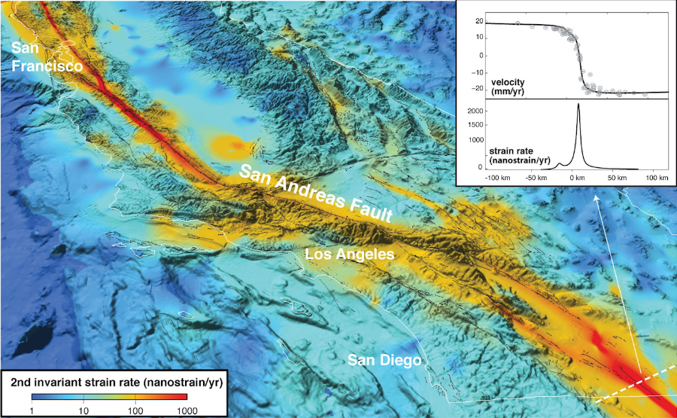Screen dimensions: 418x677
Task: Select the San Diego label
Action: click(384, 360)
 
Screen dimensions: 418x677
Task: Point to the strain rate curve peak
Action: click(578, 105)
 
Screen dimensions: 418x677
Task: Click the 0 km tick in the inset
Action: click(578, 178)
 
